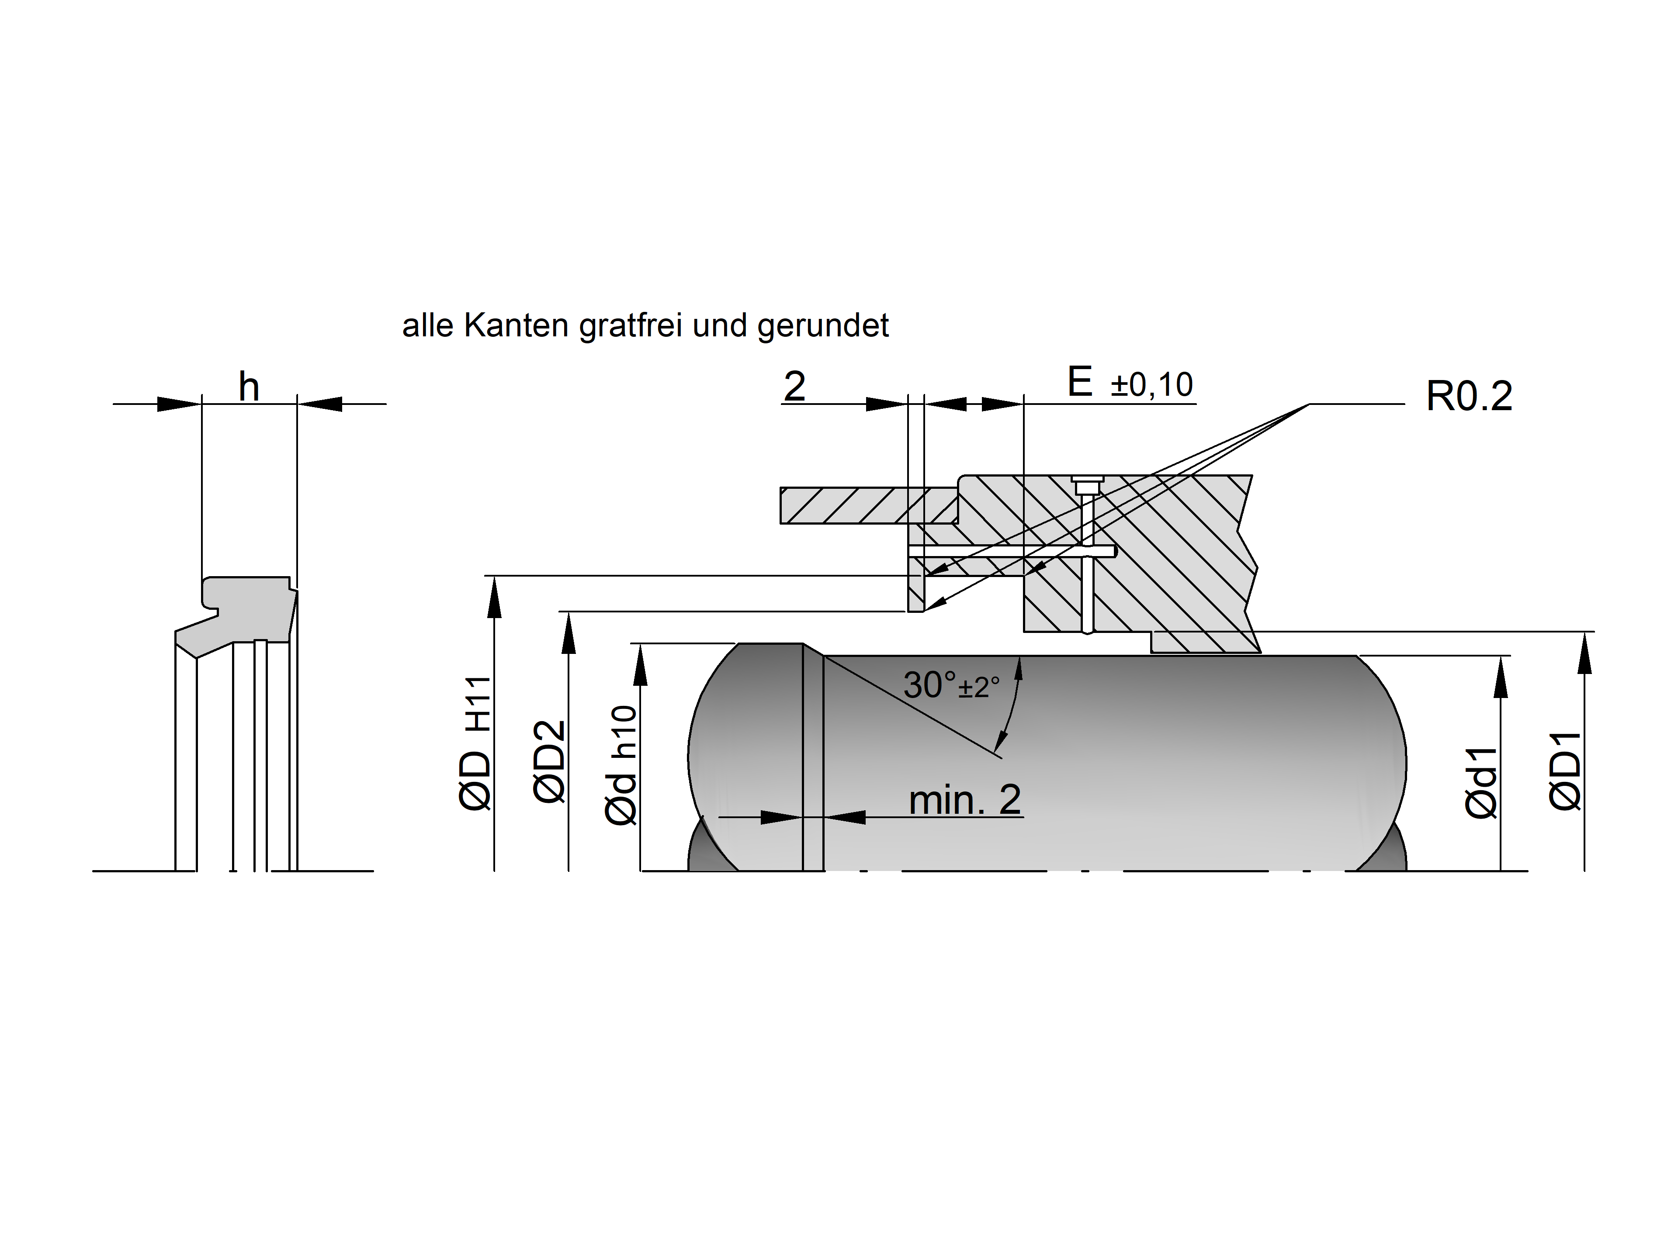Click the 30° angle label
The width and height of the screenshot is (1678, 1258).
click(931, 685)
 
